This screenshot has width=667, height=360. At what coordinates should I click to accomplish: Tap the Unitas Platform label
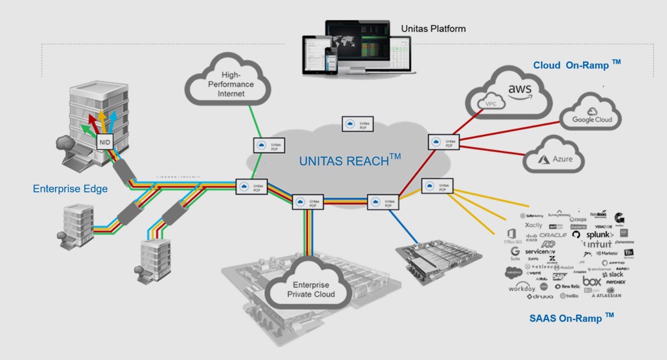(433, 29)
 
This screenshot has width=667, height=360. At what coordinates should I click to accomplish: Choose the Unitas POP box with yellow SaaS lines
(437, 187)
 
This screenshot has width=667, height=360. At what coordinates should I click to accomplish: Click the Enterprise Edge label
(70, 189)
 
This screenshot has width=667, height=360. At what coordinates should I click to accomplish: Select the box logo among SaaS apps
(591, 281)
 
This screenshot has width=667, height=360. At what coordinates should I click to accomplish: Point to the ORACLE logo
(553, 236)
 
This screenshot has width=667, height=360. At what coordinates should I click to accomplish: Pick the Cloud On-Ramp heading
(577, 65)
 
